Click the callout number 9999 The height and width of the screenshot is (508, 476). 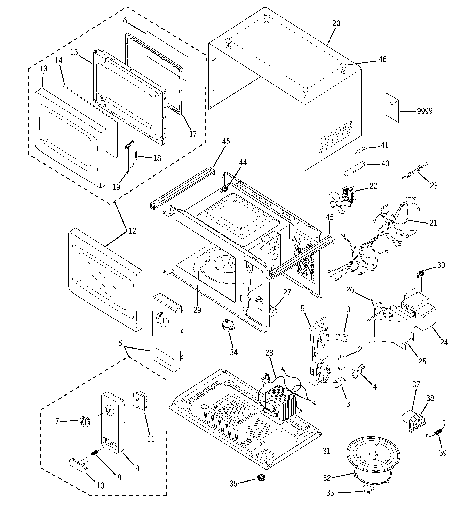click(425, 111)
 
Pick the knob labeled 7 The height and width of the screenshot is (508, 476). click(85, 421)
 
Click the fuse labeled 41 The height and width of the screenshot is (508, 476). click(360, 151)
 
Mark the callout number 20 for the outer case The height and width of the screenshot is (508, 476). click(336, 23)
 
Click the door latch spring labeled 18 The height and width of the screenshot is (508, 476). click(136, 155)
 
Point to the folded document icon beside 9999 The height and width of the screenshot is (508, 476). click(392, 107)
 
